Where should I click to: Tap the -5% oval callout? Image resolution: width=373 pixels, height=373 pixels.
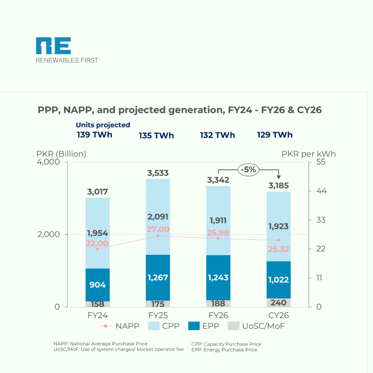(248, 170)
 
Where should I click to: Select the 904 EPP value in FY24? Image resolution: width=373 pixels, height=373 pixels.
(97, 285)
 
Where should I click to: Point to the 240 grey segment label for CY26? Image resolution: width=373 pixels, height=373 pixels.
(278, 303)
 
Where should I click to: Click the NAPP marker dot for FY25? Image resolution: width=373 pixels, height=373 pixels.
(158, 236)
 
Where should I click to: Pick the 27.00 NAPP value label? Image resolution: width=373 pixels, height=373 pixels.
(158, 229)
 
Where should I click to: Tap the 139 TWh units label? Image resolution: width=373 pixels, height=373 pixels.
(95, 135)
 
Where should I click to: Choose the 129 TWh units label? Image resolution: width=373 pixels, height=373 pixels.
(275, 135)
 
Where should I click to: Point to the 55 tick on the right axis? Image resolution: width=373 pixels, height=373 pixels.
(321, 162)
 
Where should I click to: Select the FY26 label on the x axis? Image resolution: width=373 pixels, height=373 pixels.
(218, 315)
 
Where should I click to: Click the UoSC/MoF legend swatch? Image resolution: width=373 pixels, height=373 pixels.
(234, 326)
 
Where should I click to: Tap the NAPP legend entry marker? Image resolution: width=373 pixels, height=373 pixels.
(105, 326)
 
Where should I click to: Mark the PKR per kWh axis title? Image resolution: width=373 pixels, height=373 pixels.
(308, 154)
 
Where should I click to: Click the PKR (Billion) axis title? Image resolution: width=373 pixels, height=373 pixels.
(61, 154)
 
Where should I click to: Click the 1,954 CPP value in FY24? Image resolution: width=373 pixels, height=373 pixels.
(97, 233)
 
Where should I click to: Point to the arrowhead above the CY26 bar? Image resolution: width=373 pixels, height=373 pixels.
(278, 177)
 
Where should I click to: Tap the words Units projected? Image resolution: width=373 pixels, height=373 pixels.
(103, 125)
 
